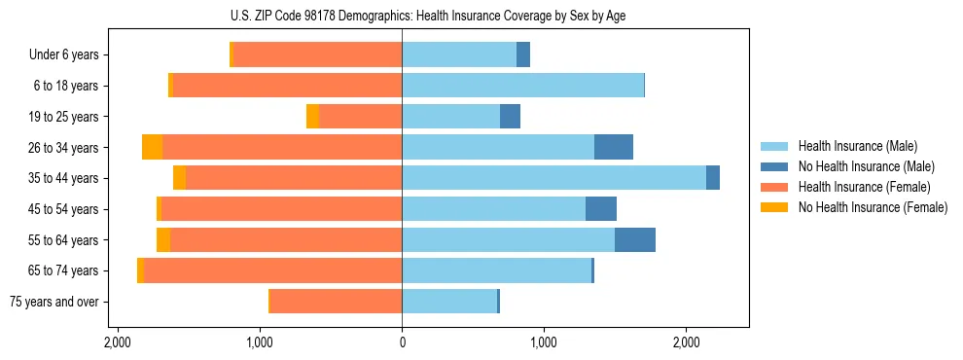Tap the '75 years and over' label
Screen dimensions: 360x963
click(x=53, y=302)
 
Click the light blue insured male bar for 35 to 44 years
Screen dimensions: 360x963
click(x=553, y=178)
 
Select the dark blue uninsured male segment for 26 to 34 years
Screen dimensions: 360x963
click(x=614, y=147)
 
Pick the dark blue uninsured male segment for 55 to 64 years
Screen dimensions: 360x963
click(x=635, y=239)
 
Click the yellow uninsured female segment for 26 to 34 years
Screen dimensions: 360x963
click(x=152, y=147)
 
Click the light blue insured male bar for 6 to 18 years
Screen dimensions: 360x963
click(x=522, y=86)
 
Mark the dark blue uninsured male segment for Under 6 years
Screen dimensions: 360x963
click(x=523, y=54)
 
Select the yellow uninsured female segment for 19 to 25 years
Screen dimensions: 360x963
click(x=312, y=117)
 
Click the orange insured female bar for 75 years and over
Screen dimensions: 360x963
click(x=336, y=302)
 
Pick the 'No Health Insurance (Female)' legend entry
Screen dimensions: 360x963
click(x=872, y=206)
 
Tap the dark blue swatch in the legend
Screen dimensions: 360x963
click(x=774, y=166)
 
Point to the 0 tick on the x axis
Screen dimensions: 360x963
click(x=402, y=342)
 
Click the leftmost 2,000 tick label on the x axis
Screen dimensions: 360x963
click(x=118, y=342)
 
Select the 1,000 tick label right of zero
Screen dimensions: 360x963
click(x=544, y=342)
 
